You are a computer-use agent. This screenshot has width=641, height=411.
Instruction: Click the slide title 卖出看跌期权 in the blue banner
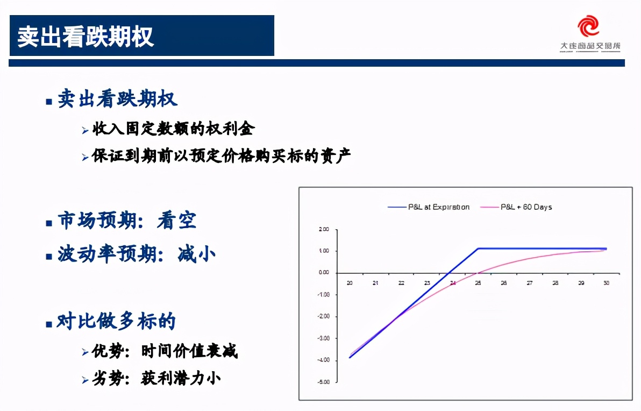(x=86, y=37)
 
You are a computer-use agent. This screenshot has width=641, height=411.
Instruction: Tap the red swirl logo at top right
(x=588, y=26)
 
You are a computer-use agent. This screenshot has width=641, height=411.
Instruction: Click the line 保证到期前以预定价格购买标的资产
(x=221, y=156)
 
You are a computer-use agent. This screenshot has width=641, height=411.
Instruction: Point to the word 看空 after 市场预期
(x=177, y=221)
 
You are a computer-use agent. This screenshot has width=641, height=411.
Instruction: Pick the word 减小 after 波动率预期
(x=197, y=254)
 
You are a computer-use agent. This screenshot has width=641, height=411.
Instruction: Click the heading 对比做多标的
(x=117, y=322)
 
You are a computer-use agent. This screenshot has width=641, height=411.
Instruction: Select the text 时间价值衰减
(x=189, y=352)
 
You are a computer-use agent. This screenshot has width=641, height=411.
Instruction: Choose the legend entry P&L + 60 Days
(x=526, y=207)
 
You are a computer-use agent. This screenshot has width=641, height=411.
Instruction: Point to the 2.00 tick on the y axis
(x=323, y=229)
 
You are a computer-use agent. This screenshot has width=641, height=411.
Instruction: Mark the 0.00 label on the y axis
(x=323, y=273)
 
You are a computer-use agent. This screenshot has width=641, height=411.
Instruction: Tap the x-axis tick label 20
(x=350, y=282)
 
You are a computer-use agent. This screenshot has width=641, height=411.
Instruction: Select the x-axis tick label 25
(x=478, y=282)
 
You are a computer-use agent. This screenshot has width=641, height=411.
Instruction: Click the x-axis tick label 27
(x=530, y=282)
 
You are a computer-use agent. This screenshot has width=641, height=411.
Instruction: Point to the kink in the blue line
(x=478, y=249)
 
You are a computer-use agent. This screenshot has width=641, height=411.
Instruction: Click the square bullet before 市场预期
(x=48, y=223)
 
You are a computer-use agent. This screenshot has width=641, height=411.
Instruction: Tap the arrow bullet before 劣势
(x=85, y=380)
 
